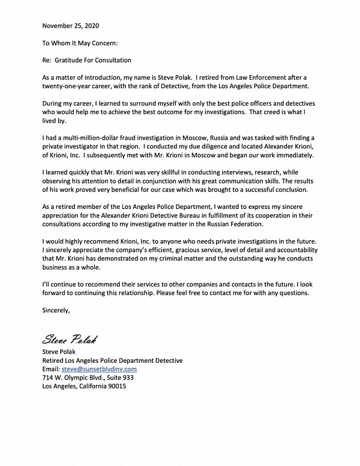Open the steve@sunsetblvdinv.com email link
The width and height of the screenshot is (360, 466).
99,369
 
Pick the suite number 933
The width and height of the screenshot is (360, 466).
125,378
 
